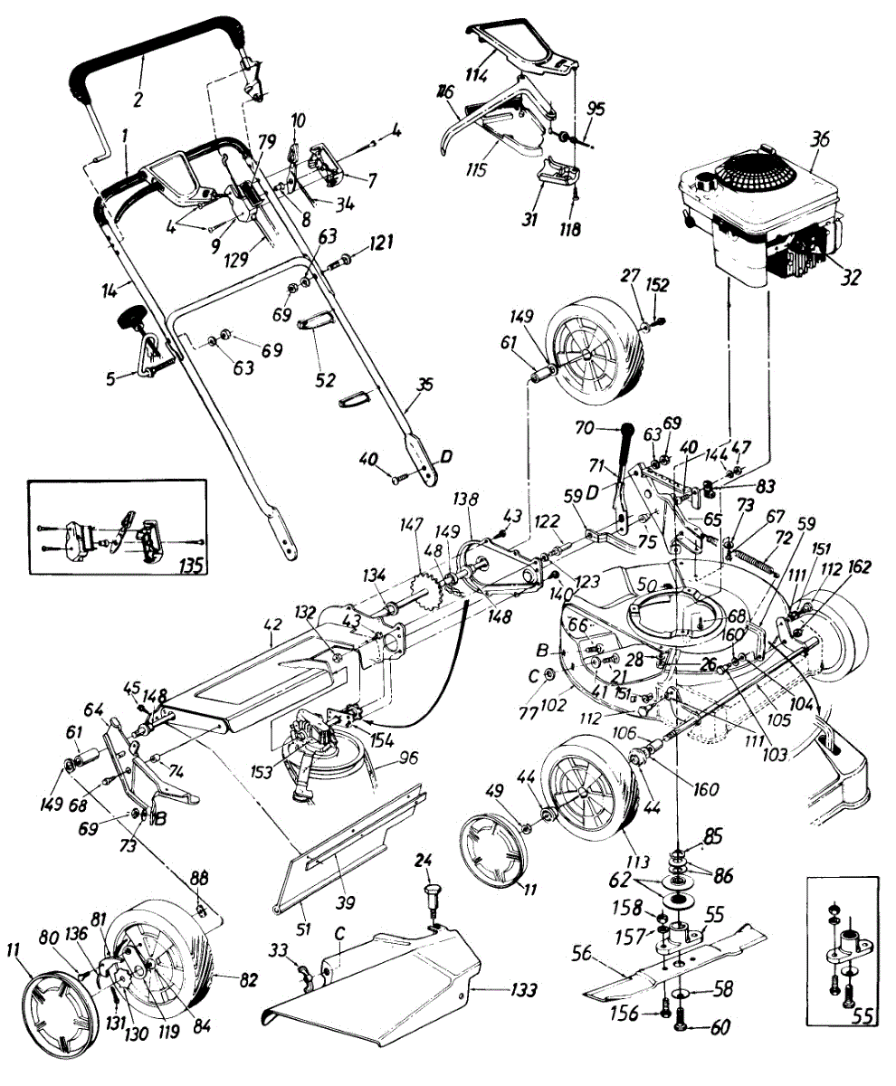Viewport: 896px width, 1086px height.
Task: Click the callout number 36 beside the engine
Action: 821,139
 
